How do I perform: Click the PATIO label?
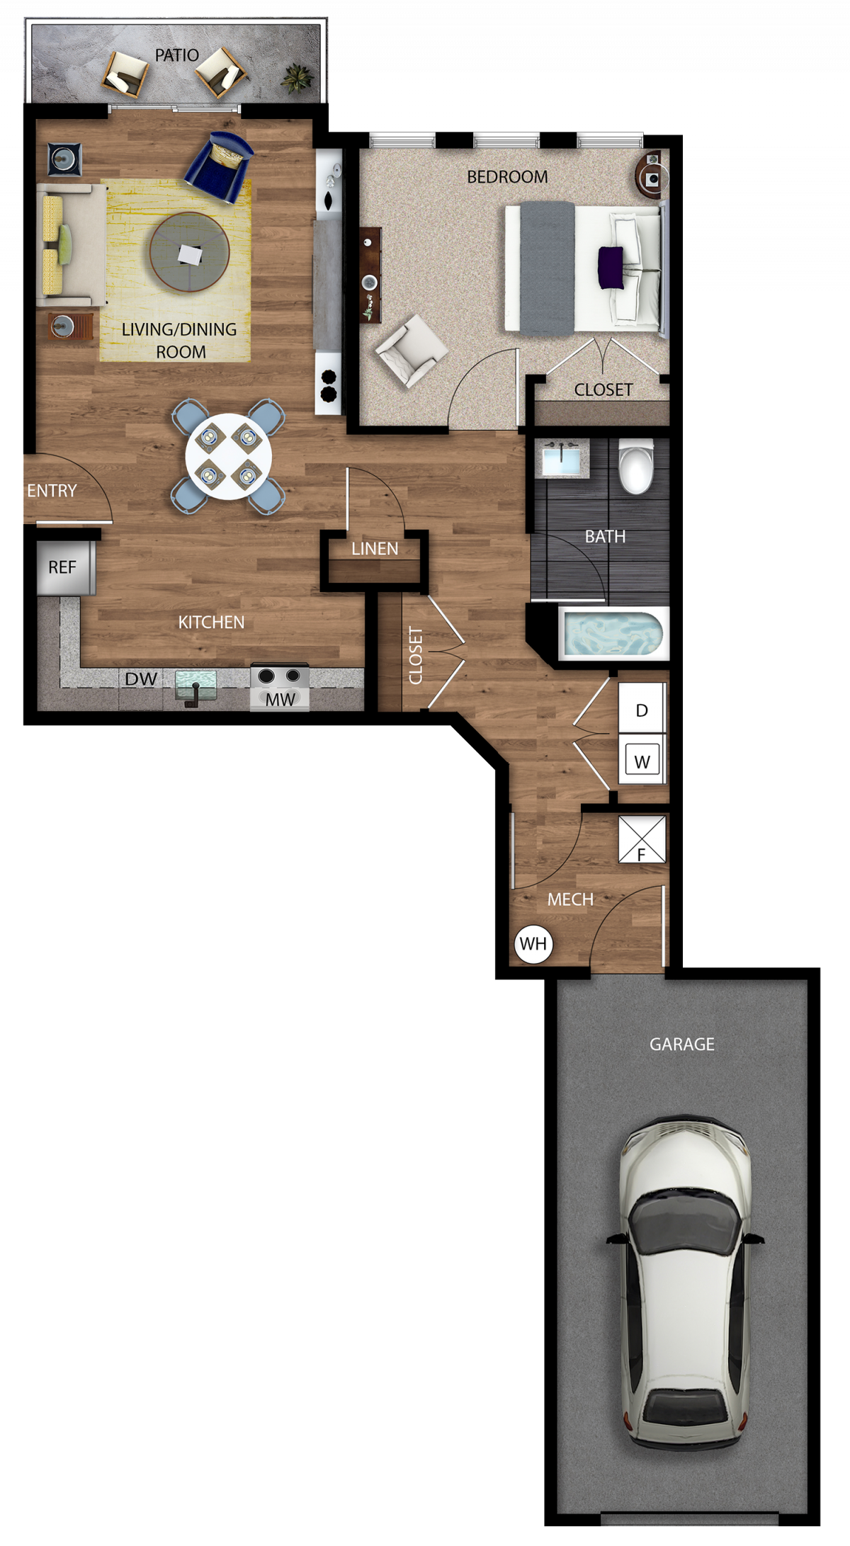pos(176,55)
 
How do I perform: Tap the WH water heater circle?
pos(533,944)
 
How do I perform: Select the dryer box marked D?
pos(642,709)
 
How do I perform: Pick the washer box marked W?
pos(642,760)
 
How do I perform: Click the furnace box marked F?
pos(642,840)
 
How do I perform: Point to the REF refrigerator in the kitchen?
pos(63,568)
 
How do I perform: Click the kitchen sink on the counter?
pos(195,685)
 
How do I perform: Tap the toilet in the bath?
pos(635,466)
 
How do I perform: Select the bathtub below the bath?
pos(613,635)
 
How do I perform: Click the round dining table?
pos(228,457)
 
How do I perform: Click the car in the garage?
pos(684,1283)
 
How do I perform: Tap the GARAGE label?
pos(682,1044)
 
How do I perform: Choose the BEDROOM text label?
pos(507,177)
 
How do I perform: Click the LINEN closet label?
pos(375,549)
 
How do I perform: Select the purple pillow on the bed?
pos(611,268)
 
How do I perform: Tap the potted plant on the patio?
pos(297,76)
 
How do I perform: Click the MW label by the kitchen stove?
pos(280,700)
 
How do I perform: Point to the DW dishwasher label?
pos(141,679)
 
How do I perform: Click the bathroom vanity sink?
pos(562,458)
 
